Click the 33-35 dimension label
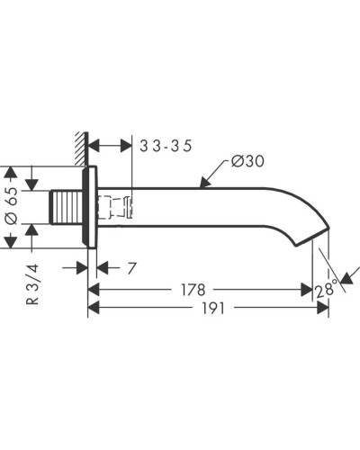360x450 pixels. pyautogui.click(x=166, y=146)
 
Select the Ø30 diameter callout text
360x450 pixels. pyautogui.click(x=247, y=161)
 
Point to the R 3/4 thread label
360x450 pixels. pyautogui.click(x=32, y=283)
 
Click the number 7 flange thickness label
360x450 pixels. pyautogui.click(x=131, y=268)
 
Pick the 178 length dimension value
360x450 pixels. pyautogui.click(x=193, y=290)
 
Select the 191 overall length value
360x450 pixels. pyautogui.click(x=213, y=308)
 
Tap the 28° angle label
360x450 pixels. pyautogui.click(x=325, y=289)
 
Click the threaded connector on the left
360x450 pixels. pyautogui.click(x=66, y=207)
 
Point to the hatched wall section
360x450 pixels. pyautogui.click(x=81, y=148)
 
